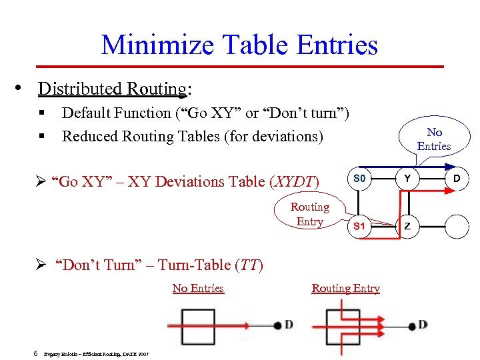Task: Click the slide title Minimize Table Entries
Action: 239,45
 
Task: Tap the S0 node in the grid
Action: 360,179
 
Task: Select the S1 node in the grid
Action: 360,226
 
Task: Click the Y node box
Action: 407,179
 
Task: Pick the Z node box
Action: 407,226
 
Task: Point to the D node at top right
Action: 457,179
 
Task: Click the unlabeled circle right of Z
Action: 457,226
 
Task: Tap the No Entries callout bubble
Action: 434,139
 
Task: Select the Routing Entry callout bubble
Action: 309,214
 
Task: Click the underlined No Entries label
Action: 198,288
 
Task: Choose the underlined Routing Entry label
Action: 345,288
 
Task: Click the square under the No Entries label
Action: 198,326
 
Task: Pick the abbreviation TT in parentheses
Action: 249,265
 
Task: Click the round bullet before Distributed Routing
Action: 23,87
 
